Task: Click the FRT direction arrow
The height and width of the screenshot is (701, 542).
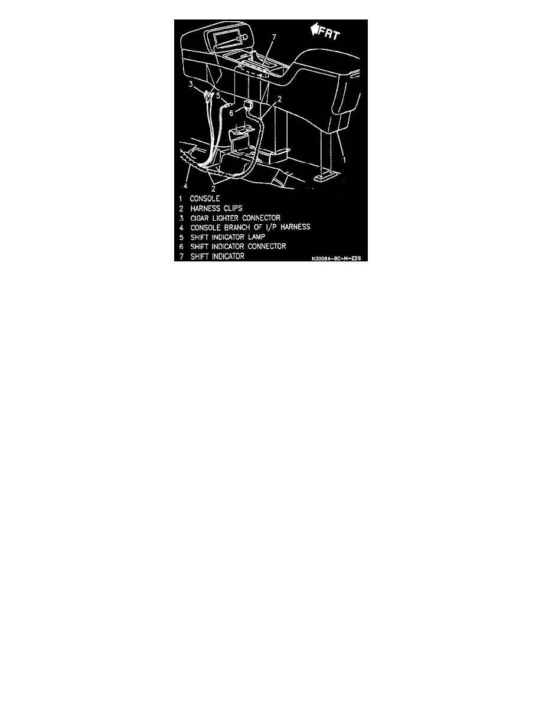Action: click(x=315, y=29)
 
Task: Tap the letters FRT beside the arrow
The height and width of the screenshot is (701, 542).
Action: click(x=329, y=33)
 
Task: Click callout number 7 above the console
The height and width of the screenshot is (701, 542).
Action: click(x=274, y=38)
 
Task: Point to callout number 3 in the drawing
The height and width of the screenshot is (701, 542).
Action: click(x=191, y=84)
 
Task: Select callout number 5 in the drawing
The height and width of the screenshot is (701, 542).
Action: click(x=218, y=95)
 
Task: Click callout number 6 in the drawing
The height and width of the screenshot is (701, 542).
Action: click(x=231, y=113)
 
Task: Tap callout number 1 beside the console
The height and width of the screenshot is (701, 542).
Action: click(x=344, y=159)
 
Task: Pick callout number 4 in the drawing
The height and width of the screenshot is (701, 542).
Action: click(x=185, y=186)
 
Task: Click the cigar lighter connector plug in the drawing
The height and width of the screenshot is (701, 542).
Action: click(x=207, y=95)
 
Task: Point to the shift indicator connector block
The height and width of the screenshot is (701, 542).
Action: click(x=248, y=106)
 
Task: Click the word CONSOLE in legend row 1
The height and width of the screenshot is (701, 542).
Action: click(x=205, y=198)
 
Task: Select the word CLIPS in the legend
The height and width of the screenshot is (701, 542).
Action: click(x=231, y=208)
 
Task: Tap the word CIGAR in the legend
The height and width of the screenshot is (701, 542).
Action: click(x=200, y=218)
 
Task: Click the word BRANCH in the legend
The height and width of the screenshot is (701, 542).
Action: click(x=237, y=227)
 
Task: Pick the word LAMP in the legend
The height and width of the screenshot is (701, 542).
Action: click(x=257, y=237)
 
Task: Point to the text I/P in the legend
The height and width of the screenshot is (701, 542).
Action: click(x=271, y=227)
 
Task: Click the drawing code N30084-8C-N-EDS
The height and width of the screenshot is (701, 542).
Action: click(x=337, y=258)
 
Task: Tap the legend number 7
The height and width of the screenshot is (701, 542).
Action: click(x=182, y=257)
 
